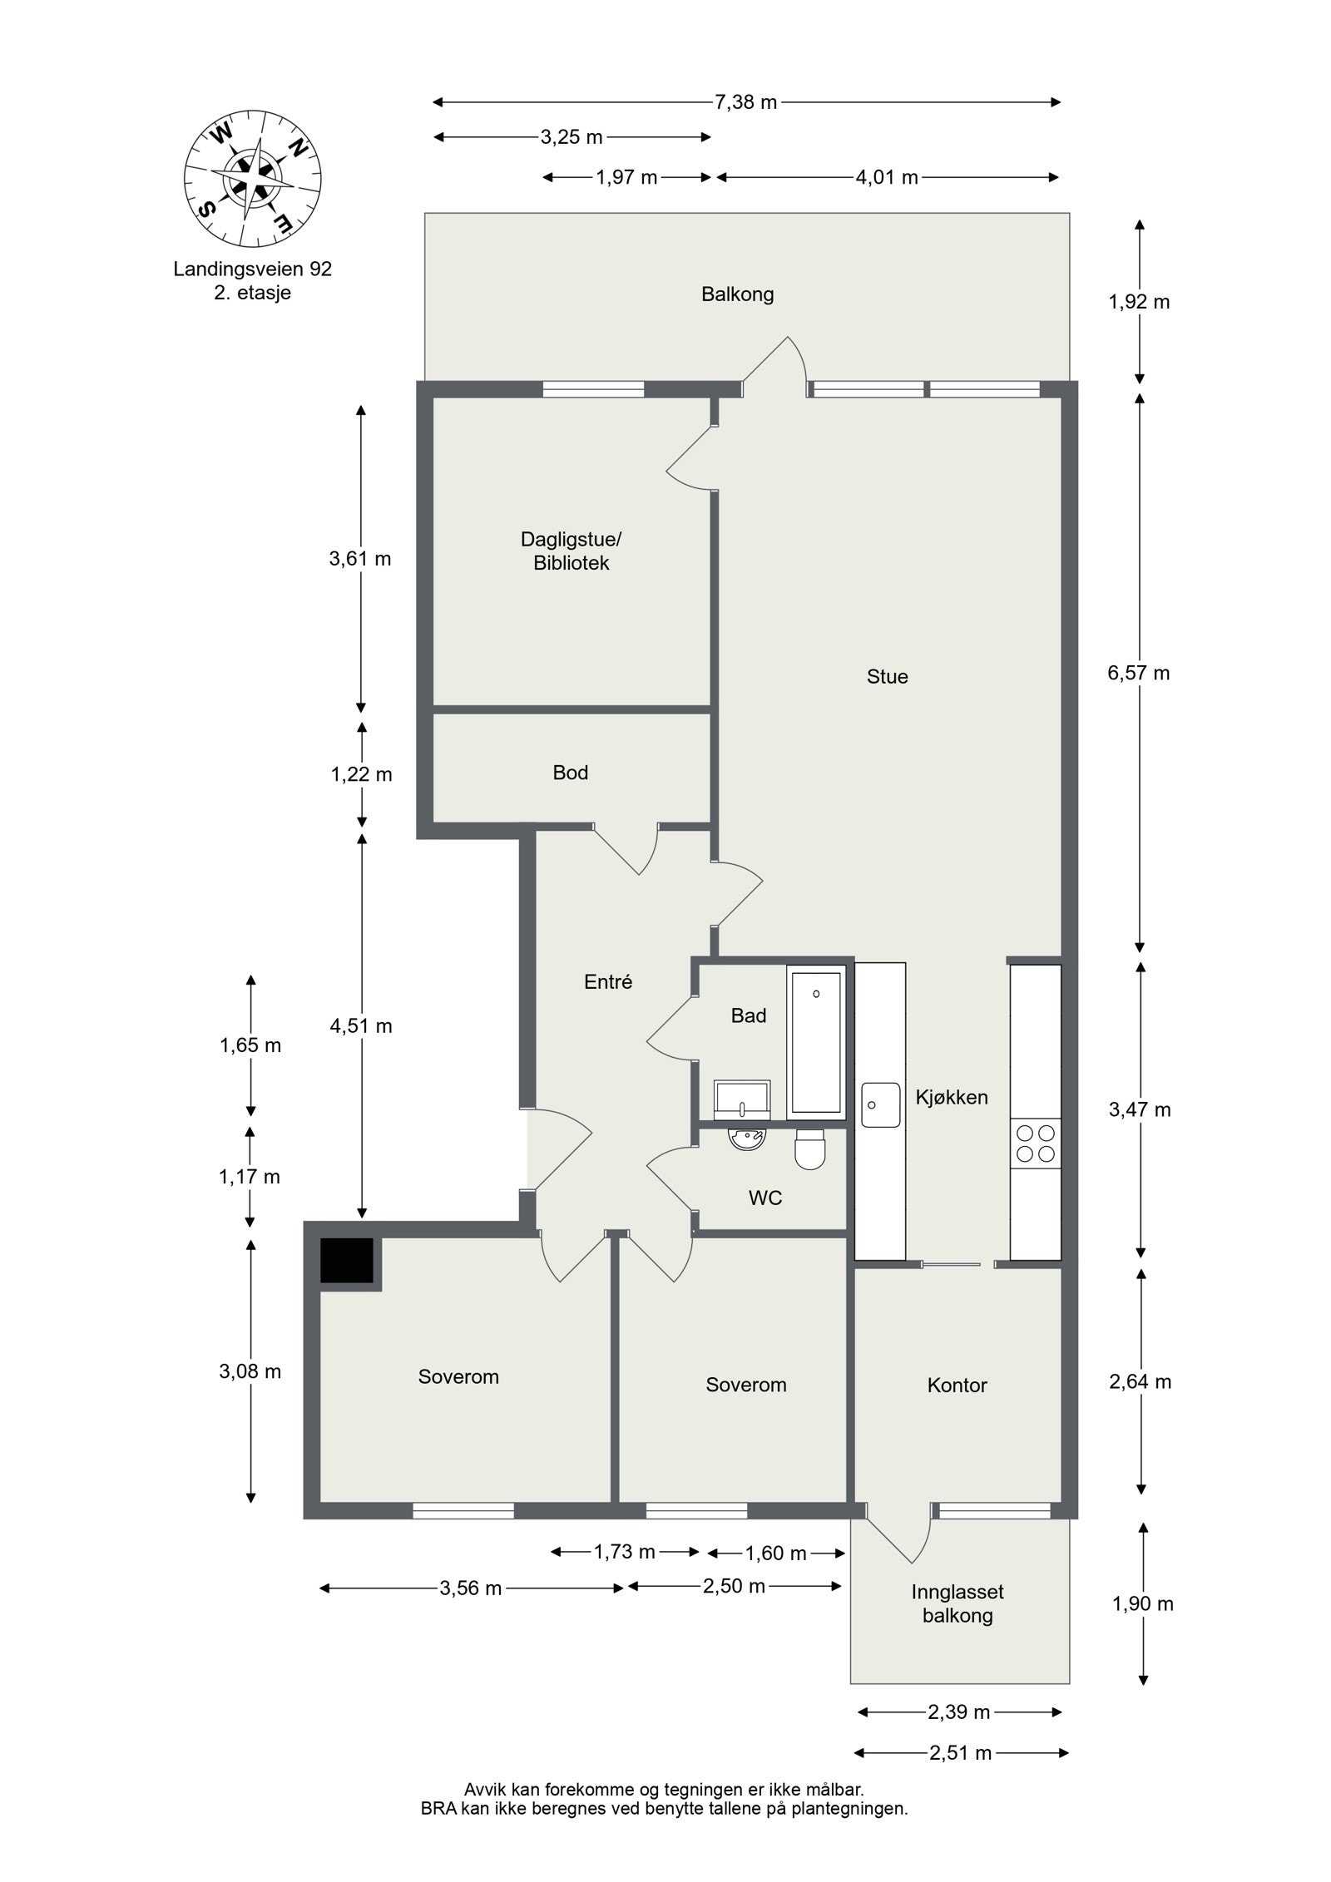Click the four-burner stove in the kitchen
coord(1036,1143)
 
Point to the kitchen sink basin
coord(881,1104)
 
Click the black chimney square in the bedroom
coord(347,1261)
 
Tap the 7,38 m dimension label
coord(745,102)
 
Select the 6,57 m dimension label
coord(1138,673)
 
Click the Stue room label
coord(887,676)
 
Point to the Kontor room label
coord(957,1385)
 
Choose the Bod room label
coord(570,773)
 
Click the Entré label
coord(608,981)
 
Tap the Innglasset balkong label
coord(957,1603)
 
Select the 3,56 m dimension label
coord(471,1588)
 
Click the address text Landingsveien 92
coord(253,269)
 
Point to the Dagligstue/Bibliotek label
coord(571,551)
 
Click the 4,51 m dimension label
coord(361,1025)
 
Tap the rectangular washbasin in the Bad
coord(743,1099)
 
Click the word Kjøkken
coord(952,1097)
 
